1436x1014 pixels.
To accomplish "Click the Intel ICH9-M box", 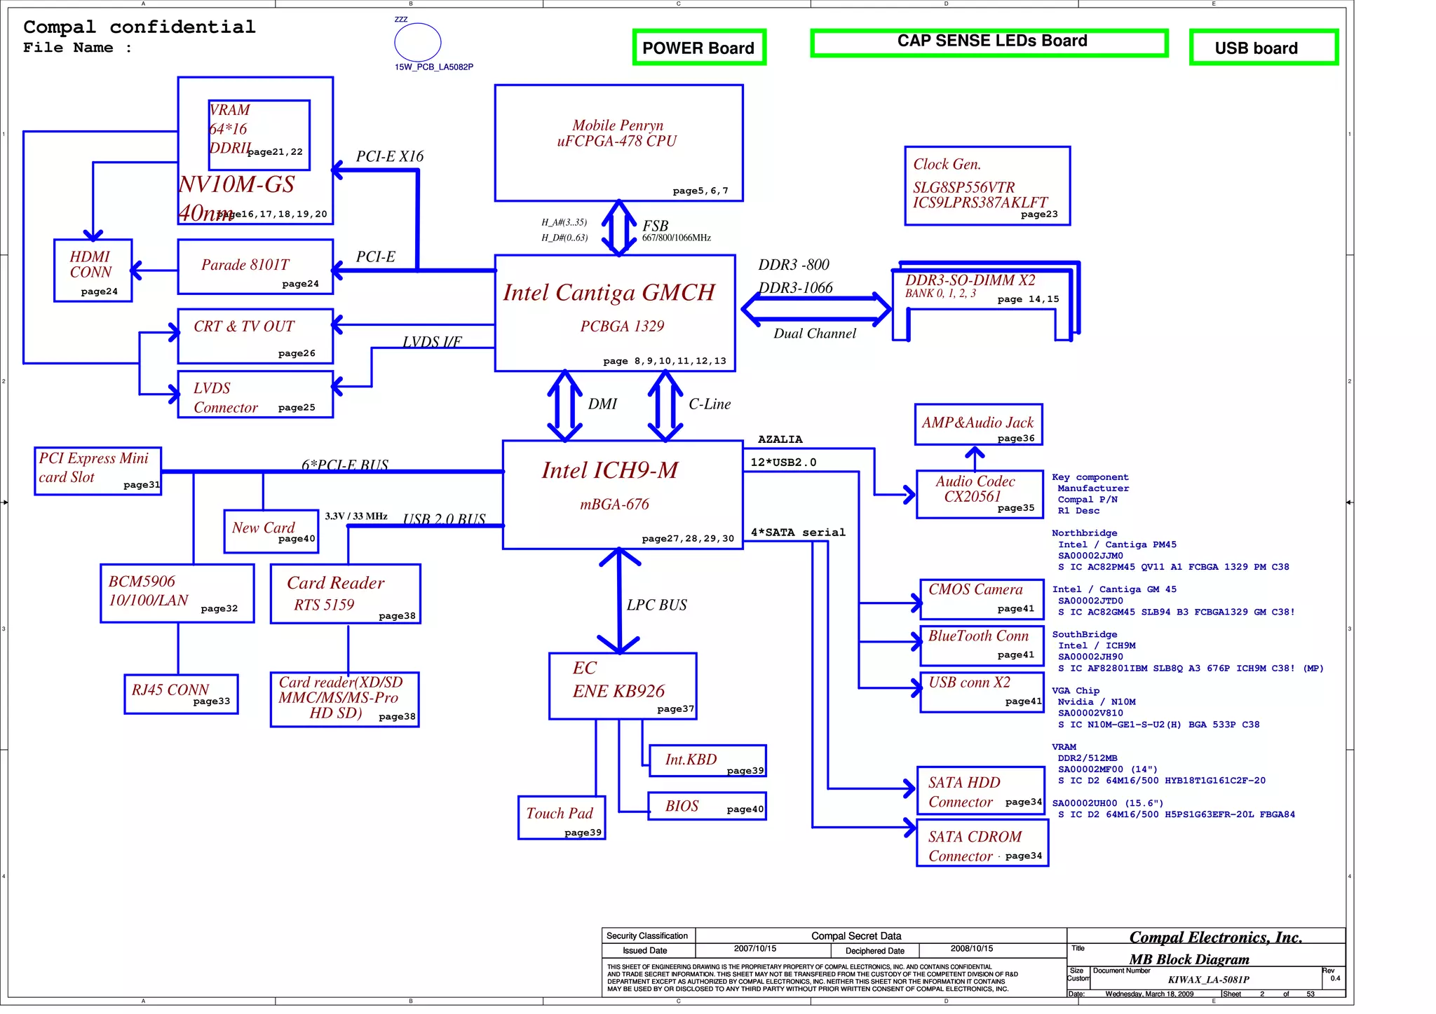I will (x=622, y=494).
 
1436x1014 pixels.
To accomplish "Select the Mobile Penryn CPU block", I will (x=618, y=143).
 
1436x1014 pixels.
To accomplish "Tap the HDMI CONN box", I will (x=93, y=270).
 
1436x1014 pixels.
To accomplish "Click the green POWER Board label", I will (x=698, y=48).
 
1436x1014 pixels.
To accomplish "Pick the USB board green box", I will (x=1263, y=48).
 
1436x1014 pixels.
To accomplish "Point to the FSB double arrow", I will (x=619, y=228).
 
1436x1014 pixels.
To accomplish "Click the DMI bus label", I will (x=602, y=404).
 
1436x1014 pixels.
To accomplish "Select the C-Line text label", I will (x=709, y=404).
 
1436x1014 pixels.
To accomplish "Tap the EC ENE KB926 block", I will (x=622, y=685).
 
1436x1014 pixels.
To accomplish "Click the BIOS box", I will (x=706, y=807).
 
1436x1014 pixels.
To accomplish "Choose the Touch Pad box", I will (x=560, y=817).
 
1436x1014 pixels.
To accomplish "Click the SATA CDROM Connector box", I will (x=982, y=844).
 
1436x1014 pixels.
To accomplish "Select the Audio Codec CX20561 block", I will (x=978, y=494).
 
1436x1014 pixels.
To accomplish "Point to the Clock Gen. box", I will (x=987, y=186).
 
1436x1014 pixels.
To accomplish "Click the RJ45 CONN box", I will (x=180, y=694).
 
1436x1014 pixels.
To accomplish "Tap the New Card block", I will (x=271, y=531).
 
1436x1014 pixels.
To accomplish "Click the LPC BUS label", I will (x=656, y=605).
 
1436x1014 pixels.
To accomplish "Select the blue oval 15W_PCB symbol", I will (x=417, y=42).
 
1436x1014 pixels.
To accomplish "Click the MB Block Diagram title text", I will (x=1188, y=959).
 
